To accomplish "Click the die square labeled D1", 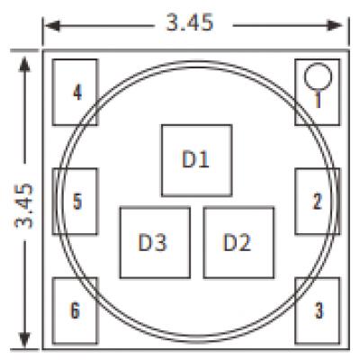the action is tap(197, 160).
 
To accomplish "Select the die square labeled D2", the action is tap(238, 242).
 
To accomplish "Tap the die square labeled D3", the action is tap(155, 242).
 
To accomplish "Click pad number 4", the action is tap(75, 92).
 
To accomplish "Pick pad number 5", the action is tap(75, 201).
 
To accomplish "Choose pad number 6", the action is tap(75, 310).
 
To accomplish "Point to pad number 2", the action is tap(318, 201).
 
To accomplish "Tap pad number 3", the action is tap(318, 310).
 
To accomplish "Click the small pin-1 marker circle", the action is tap(318, 76).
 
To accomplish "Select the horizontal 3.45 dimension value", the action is tap(190, 22).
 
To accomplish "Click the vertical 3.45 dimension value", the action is tap(24, 205).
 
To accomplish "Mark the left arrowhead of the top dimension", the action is tap(53, 26).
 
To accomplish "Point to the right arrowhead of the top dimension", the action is tap(335, 26).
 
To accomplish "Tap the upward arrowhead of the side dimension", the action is tap(24, 64).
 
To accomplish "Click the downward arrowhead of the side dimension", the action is tap(24, 339).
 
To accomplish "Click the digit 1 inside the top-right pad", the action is tap(318, 99).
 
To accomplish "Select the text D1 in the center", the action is tap(195, 159).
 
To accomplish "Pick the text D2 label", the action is tap(237, 242).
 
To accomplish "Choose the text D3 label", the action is tap(152, 242).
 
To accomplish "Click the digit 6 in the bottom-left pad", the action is tap(75, 310).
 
